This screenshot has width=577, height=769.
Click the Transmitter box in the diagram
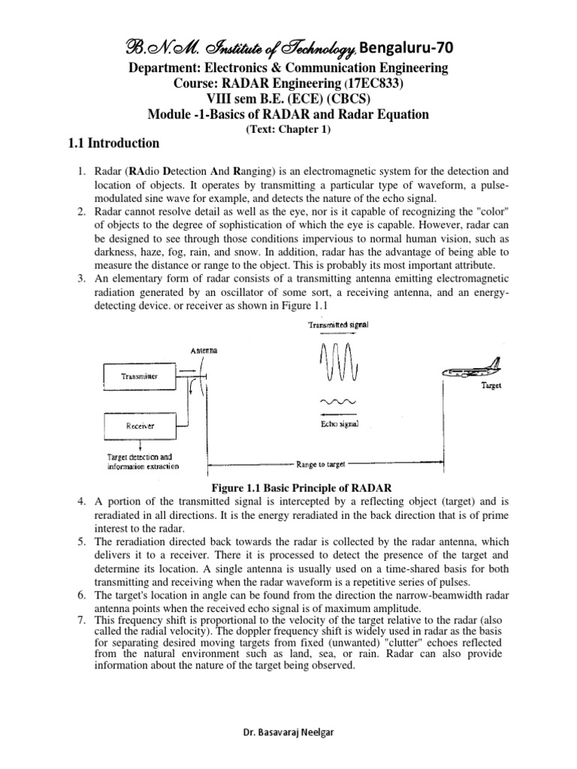(x=141, y=378)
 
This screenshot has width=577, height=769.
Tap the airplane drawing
(x=473, y=371)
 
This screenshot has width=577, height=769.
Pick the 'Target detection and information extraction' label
(x=142, y=460)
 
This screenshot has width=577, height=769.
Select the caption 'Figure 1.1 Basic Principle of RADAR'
(x=288, y=487)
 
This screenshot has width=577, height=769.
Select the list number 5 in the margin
(x=83, y=541)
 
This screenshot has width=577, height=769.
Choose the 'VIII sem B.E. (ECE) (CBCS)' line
(x=288, y=98)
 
